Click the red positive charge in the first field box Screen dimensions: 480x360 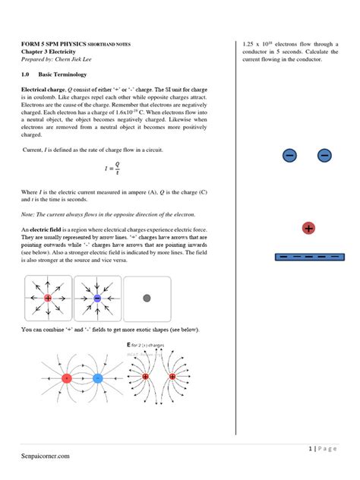(48, 299)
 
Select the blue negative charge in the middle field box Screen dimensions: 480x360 (97, 299)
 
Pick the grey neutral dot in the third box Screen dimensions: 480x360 (147, 298)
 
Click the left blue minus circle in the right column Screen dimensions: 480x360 (289, 156)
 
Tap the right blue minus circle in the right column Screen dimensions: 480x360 (324, 156)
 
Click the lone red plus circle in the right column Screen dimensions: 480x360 (308, 229)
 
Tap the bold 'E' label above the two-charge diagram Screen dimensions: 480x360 (129, 345)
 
